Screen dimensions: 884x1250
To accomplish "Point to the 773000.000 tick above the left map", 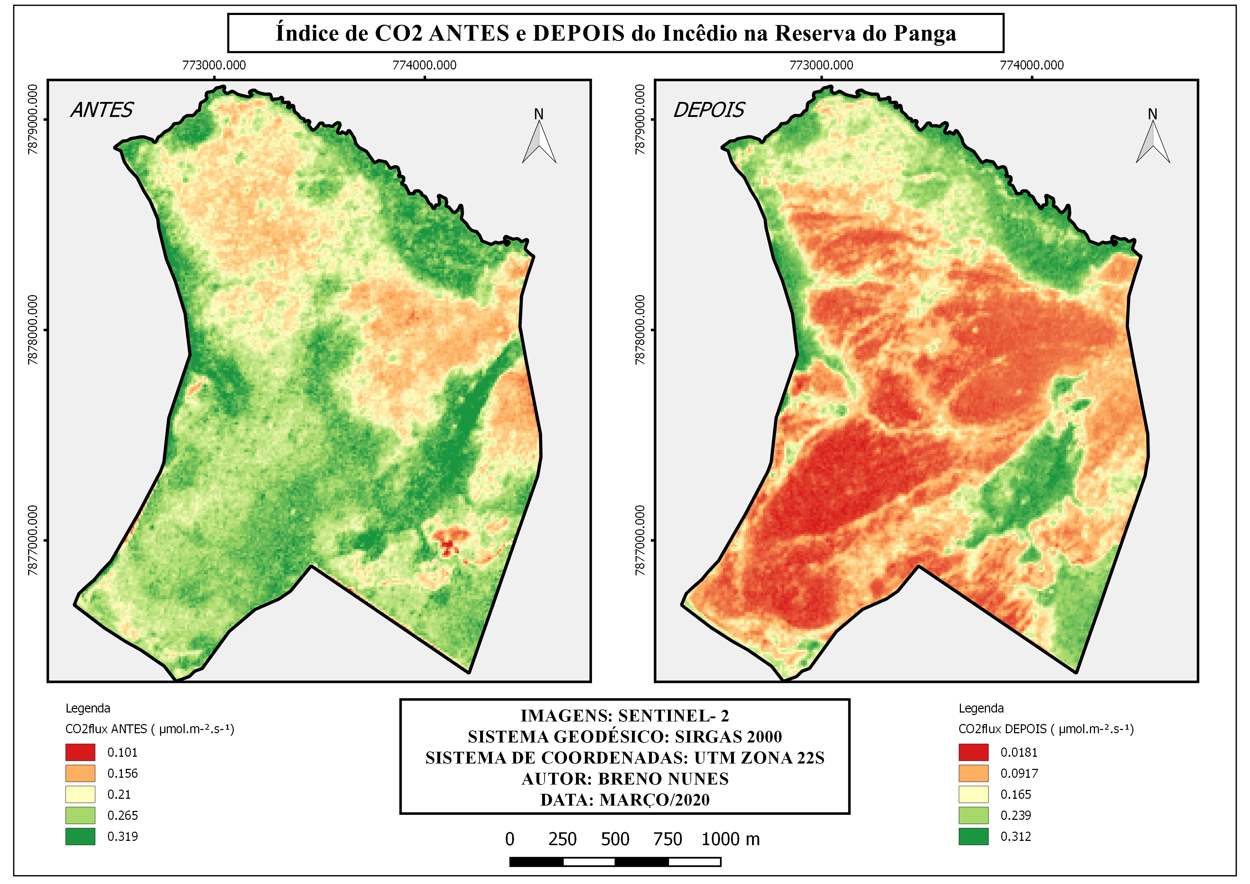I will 214,65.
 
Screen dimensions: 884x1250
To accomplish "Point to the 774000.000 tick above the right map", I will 1031,65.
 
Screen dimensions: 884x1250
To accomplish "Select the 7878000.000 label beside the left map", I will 33,330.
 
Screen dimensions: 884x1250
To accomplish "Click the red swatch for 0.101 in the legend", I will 80,752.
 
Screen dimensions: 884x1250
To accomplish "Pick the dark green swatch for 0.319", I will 80,837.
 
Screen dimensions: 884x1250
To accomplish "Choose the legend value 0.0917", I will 1019,773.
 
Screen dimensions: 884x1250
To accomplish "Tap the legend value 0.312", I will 1015,837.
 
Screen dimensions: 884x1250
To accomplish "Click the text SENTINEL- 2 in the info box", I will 673,716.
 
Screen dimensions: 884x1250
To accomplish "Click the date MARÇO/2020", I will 654,800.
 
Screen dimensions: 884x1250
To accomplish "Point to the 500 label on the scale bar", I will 615,839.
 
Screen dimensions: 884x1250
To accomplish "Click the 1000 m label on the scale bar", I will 730,839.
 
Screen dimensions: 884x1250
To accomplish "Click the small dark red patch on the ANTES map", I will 448,545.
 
